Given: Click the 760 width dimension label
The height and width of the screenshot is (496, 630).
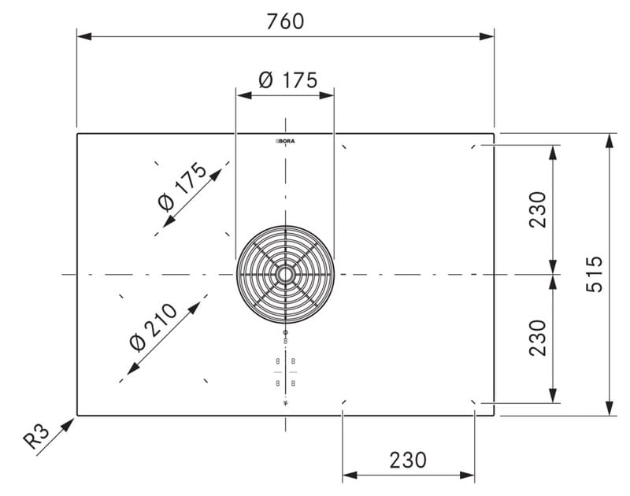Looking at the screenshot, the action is coord(285,22).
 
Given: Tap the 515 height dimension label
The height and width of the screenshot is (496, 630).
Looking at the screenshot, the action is coord(595,274).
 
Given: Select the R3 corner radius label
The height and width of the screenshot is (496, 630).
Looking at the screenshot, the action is coord(36,436).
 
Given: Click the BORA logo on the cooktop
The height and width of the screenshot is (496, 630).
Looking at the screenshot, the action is coord(285,142).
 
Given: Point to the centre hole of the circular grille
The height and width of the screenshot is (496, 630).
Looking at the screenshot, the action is coord(285,275).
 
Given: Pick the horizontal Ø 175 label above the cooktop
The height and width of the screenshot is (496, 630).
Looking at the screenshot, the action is coord(288,80).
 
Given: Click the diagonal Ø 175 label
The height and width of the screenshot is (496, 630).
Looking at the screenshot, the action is coord(183,187).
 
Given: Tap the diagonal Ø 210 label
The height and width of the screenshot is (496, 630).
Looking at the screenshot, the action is coord(154,328).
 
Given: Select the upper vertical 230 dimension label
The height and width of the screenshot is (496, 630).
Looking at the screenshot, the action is coord(538,209).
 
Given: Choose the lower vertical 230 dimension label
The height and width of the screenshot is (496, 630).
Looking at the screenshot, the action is coord(538,338).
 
